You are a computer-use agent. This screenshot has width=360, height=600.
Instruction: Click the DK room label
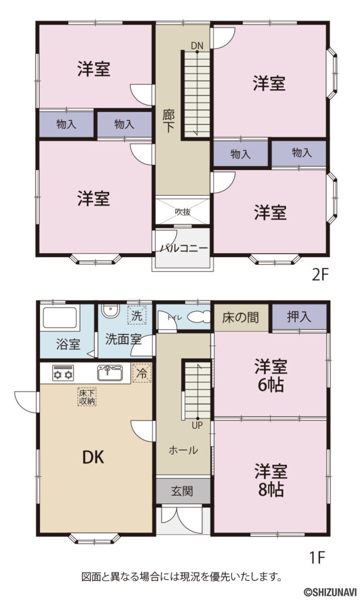[x=93, y=457]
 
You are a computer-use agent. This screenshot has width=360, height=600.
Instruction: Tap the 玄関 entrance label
[x=183, y=490]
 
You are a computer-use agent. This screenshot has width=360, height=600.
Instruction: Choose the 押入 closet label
[x=299, y=318]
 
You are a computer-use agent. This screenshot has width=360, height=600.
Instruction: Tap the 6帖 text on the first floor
[x=270, y=384]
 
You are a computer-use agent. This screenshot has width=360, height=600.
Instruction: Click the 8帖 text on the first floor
[x=270, y=488]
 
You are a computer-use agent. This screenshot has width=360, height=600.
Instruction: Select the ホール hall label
[x=183, y=450]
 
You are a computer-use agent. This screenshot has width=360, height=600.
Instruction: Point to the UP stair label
[x=196, y=425]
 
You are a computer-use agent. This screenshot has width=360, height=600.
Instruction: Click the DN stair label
[x=196, y=45]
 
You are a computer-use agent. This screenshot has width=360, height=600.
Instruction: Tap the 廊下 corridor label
[x=168, y=120]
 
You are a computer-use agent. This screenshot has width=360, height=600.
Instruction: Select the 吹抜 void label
[x=182, y=212]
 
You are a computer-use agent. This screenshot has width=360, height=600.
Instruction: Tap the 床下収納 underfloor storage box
[x=87, y=397]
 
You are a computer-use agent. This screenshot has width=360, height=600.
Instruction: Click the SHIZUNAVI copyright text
[x=330, y=592]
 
